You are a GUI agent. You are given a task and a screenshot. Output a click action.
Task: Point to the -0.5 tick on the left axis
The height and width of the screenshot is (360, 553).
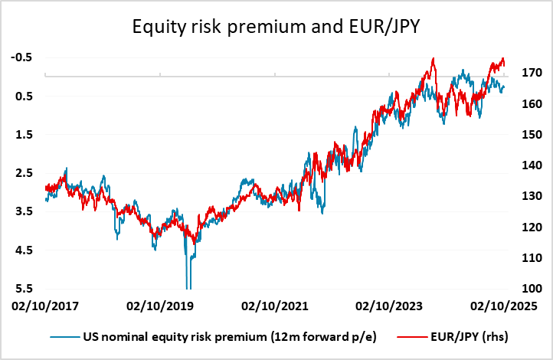(21, 57)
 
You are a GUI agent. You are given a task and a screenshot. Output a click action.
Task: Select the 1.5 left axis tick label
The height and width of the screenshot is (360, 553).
(24, 135)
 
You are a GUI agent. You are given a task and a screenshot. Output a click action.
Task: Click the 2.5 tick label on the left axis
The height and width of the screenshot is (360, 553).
(24, 173)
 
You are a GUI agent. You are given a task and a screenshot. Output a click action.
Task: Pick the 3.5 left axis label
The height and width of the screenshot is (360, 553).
(24, 211)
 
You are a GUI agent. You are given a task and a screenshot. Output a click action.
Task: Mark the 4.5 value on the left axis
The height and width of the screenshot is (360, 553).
(24, 250)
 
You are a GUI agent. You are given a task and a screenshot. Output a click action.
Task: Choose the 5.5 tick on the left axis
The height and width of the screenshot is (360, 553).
(24, 289)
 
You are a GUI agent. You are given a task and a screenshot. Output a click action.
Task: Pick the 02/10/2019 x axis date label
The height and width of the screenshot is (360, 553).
(159, 306)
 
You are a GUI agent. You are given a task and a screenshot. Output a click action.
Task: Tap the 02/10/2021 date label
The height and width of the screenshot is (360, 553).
(275, 306)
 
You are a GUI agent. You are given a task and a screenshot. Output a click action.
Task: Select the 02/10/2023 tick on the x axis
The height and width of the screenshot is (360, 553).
(390, 306)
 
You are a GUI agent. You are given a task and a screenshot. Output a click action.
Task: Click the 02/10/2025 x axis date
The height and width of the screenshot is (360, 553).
(503, 306)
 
